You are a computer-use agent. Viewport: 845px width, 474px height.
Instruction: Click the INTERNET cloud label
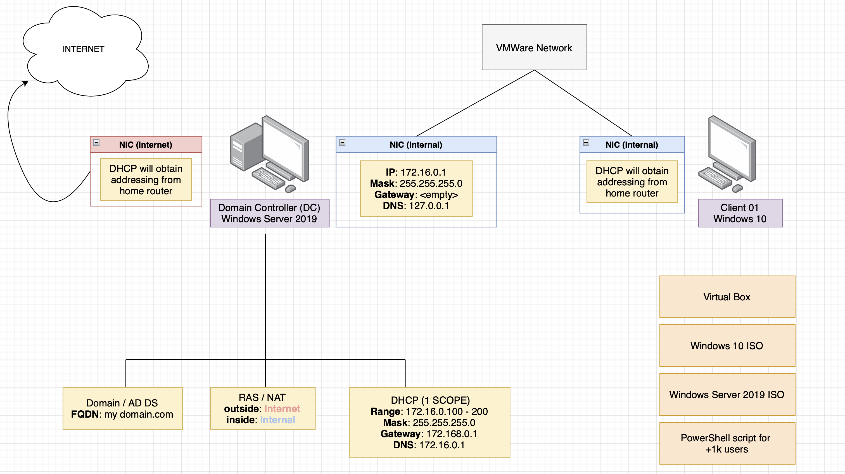pyautogui.click(x=83, y=49)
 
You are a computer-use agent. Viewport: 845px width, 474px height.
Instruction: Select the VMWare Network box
pyautogui.click(x=534, y=48)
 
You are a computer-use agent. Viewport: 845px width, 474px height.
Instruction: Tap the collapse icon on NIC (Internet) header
pyautogui.click(x=96, y=143)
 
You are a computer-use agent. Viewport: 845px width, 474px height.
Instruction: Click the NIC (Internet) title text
pyautogui.click(x=146, y=145)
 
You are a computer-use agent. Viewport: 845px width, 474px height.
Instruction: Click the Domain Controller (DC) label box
pyautogui.click(x=269, y=213)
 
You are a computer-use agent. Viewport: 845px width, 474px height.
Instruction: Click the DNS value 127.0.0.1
pyautogui.click(x=429, y=206)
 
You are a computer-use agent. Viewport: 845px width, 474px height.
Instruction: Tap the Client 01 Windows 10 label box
pyautogui.click(x=740, y=213)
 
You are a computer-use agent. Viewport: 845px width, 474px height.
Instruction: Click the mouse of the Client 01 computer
pyautogui.click(x=737, y=188)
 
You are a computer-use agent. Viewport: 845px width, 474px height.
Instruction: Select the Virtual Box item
pyautogui.click(x=727, y=297)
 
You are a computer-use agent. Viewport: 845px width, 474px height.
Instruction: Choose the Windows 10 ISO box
pyautogui.click(x=727, y=346)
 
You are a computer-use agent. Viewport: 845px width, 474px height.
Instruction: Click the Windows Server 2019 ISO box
pyautogui.click(x=727, y=395)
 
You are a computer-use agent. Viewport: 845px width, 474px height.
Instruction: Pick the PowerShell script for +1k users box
pyautogui.click(x=727, y=444)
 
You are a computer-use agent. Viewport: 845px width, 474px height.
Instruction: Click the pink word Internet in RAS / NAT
pyautogui.click(x=282, y=409)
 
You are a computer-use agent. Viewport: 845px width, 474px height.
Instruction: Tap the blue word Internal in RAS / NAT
pyautogui.click(x=277, y=420)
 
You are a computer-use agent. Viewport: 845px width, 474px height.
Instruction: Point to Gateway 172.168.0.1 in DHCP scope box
pyautogui.click(x=429, y=434)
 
